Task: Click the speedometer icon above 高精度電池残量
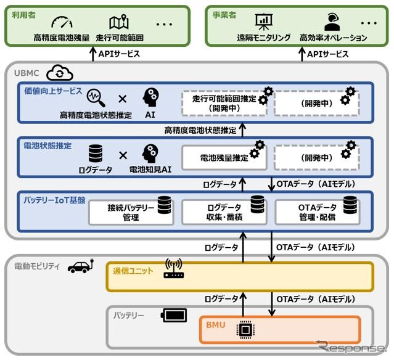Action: coord(62,23)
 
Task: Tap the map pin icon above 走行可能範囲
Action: coord(118,23)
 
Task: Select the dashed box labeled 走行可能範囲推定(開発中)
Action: coord(224,103)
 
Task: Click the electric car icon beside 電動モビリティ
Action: coord(80,266)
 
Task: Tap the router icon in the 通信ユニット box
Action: coord(174,269)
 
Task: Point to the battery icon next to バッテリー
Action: coord(174,316)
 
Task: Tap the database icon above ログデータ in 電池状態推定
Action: coord(96,152)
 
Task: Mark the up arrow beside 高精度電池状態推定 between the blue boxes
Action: coord(242,130)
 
